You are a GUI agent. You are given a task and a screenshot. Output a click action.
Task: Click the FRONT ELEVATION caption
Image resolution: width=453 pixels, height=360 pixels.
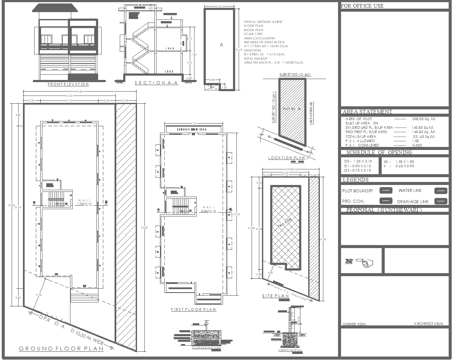[68, 84]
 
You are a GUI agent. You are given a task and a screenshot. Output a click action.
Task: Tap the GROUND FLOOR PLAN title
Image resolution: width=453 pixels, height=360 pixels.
[61, 348]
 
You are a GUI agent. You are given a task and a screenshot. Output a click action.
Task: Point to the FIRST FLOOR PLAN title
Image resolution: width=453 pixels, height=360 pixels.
[193, 309]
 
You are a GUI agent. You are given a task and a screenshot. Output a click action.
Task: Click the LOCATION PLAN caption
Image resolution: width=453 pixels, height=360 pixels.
[287, 158]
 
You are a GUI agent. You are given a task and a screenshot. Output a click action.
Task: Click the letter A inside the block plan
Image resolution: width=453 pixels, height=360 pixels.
[221, 45]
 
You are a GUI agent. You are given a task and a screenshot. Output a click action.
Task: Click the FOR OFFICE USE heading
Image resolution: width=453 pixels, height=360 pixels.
[362, 6]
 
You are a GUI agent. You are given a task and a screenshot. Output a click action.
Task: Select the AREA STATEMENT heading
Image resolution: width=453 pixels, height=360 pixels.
[367, 112]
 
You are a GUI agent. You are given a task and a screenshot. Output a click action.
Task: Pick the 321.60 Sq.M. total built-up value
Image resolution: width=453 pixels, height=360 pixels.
[423, 137]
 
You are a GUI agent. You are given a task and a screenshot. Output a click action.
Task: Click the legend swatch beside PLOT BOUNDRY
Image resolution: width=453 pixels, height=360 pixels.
[386, 191]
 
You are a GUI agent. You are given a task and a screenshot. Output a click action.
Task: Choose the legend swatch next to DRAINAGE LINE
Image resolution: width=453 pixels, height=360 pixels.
[440, 201]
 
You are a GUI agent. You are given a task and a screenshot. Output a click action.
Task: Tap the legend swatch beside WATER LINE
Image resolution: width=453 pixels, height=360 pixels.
[440, 191]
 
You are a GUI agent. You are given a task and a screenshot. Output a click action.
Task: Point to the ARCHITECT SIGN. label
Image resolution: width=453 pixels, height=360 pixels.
[429, 324]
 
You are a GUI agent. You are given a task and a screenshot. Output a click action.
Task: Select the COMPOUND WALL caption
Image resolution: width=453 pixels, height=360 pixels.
[288, 350]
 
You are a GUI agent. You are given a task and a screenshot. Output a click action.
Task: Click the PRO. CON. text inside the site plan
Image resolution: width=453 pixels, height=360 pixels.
[283, 225]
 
